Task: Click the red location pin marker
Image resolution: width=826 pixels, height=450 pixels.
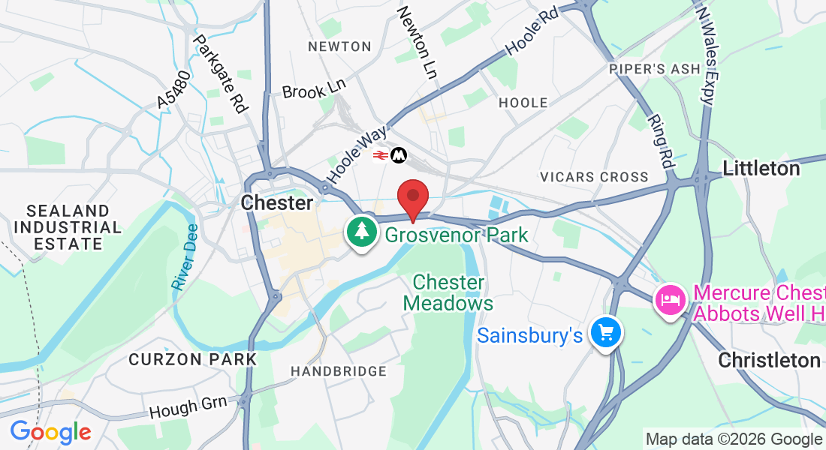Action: pos(412,197)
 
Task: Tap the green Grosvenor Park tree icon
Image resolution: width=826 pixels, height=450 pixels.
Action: pos(362,231)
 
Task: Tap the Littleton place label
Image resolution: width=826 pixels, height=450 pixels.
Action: pos(761,169)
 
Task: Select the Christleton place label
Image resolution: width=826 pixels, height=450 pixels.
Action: pos(769,360)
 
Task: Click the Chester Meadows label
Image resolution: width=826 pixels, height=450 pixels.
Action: pos(448,292)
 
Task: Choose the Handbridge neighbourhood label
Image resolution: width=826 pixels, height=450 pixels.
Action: pos(339,371)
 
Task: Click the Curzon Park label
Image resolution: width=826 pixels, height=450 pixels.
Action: pos(193,359)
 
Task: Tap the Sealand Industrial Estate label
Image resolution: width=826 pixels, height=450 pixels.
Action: pos(68,227)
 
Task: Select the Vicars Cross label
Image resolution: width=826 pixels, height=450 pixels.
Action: pos(594,177)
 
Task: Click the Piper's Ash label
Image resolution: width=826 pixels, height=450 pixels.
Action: pos(655,69)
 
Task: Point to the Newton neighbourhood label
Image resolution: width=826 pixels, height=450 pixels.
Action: pos(339,46)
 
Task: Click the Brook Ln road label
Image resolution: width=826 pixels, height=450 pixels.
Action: pos(314,88)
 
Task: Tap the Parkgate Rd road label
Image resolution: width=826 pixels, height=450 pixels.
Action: pos(220,73)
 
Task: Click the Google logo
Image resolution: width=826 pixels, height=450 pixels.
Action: pos(50,432)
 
